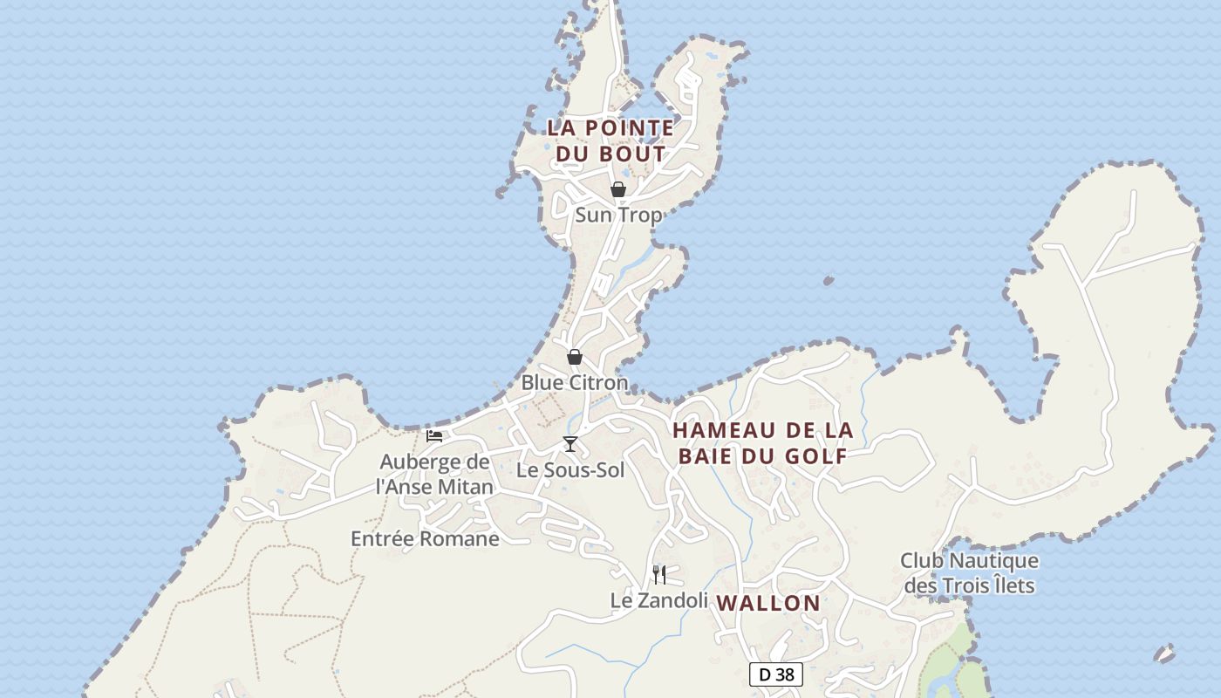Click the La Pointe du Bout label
click(610, 140)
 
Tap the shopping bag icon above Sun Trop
click(618, 189)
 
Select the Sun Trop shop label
click(618, 215)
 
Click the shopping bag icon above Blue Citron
click(575, 357)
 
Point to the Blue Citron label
click(575, 382)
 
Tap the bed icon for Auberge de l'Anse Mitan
click(434, 435)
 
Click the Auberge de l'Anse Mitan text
click(434, 474)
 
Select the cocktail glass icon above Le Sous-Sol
click(570, 444)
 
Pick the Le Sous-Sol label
click(570, 469)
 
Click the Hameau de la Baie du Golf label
click(762, 442)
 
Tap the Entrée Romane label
click(425, 538)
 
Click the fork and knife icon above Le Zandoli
click(659, 574)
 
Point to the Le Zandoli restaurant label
click(658, 599)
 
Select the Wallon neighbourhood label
click(768, 603)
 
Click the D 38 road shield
click(776, 674)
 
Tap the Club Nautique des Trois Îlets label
click(970, 572)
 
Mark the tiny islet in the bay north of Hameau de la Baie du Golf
click(828, 281)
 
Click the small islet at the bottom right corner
click(1164, 653)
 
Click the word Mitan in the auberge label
click(465, 486)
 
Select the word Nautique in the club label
click(992, 560)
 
